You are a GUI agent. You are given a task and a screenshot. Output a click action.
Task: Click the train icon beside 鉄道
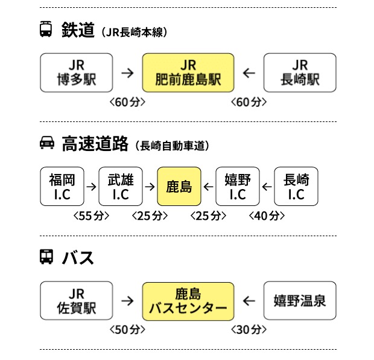46,30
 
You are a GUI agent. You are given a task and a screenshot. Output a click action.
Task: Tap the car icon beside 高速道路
46,144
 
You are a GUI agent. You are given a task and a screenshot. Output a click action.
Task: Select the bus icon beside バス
46,257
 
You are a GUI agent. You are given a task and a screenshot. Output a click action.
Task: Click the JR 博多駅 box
77,73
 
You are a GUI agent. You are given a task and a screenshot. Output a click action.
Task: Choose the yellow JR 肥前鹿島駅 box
188,73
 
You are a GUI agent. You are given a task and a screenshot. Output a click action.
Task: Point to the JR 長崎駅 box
300,73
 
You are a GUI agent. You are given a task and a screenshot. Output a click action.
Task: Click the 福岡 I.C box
62,187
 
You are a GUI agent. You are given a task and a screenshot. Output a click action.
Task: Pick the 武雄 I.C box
121,187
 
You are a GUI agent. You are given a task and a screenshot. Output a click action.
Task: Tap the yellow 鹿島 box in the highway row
179,187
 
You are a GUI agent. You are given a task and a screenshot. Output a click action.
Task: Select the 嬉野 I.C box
238,187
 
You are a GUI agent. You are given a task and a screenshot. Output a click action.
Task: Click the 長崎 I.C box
296,187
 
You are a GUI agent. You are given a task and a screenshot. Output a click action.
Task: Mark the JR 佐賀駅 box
77,301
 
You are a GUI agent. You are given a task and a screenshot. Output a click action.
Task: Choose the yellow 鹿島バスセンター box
188,301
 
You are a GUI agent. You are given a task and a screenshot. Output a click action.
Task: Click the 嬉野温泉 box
300,301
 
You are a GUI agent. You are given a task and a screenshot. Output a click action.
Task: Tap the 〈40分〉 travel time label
267,216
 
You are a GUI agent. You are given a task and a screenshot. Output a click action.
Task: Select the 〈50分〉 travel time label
127,330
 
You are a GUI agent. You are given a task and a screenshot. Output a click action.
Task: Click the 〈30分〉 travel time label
248,330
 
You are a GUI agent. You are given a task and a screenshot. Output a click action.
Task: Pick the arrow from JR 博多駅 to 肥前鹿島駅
127,73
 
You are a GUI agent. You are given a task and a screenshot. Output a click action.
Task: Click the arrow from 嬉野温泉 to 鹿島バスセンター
249,301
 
